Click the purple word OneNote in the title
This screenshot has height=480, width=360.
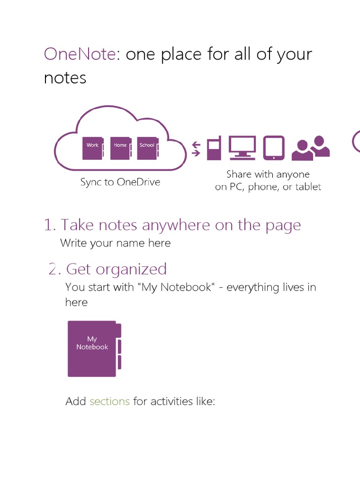pyautogui.click(x=80, y=54)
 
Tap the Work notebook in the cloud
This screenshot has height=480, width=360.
pyautogui.click(x=93, y=148)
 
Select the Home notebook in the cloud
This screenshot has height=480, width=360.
pyautogui.click(x=121, y=148)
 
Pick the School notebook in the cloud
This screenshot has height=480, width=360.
pyautogui.click(x=148, y=148)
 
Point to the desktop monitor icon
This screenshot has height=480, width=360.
pyautogui.click(x=242, y=148)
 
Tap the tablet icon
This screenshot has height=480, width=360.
pyautogui.click(x=274, y=148)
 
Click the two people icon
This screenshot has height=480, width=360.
pyautogui.click(x=311, y=148)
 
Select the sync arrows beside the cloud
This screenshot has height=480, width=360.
pyautogui.click(x=196, y=149)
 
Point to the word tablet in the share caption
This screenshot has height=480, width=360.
pyautogui.click(x=307, y=187)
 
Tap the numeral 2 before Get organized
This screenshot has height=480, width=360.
pyautogui.click(x=52, y=269)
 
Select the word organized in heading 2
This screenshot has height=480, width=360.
pyautogui.click(x=132, y=270)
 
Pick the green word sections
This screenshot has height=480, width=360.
pyautogui.click(x=110, y=401)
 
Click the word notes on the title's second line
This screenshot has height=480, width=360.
pyautogui.click(x=65, y=78)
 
